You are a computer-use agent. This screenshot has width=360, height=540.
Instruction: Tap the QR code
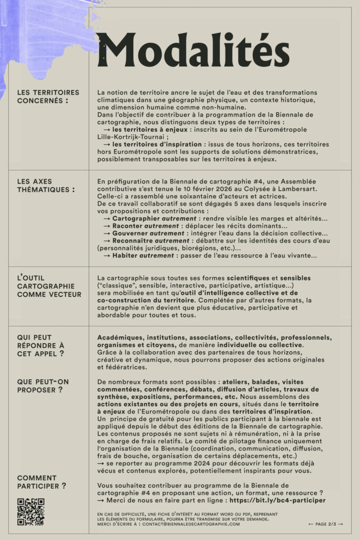click(31, 512)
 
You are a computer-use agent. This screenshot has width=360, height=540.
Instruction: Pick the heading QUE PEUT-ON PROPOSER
click(43, 385)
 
